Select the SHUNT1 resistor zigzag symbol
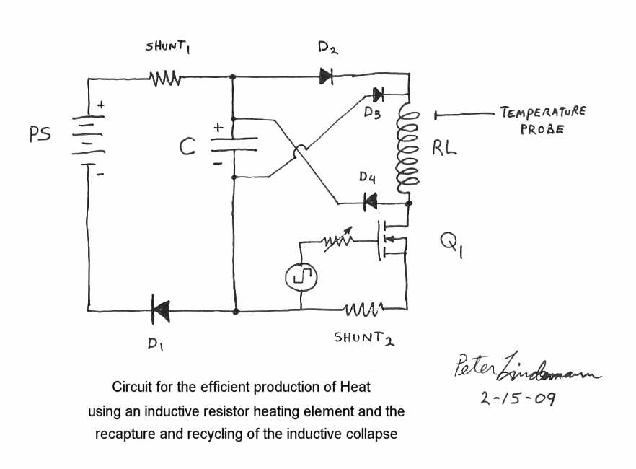point(165,76)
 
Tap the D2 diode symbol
point(326,76)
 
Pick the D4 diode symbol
point(371,203)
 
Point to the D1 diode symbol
point(160,312)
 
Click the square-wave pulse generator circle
point(300,276)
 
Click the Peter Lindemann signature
point(525,369)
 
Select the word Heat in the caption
point(355,387)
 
